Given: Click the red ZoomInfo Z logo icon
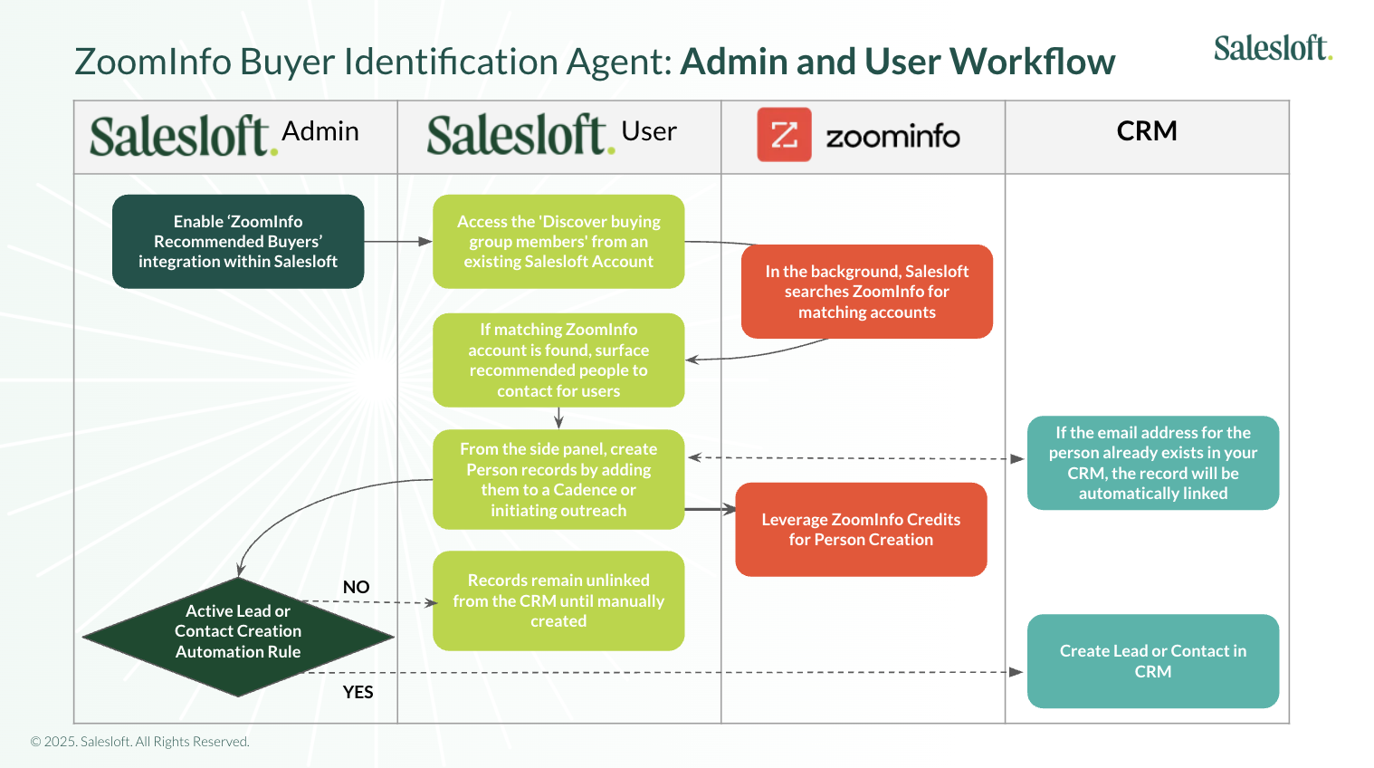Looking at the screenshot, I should pos(784,135).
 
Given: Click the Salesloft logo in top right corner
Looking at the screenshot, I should pos(1272,48).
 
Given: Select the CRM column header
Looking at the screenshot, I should pos(1146,131).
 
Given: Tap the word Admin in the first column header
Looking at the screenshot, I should pos(320,131).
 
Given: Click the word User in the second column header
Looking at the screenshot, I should pos(648,131).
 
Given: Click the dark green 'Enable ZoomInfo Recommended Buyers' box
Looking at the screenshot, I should pos(238,242).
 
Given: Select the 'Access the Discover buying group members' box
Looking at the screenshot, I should pos(558,242).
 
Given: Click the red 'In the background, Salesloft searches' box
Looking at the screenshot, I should pos(866,292).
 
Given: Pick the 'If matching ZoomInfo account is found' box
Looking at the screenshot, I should pos(558,360).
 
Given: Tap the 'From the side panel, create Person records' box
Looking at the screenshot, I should pos(558,480).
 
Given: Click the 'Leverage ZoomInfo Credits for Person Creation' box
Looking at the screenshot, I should pos(860,530).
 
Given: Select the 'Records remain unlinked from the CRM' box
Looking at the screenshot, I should pos(558,600).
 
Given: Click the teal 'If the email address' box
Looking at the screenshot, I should pos(1152,463).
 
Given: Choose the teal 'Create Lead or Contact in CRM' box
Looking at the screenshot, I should pos(1152,661).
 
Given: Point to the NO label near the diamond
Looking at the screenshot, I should pos(356,587).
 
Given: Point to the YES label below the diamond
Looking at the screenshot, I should pos(358,692).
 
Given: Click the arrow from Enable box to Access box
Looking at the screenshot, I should pos(398,242).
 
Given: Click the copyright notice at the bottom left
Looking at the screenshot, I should pos(140,742).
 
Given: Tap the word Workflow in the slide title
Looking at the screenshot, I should pos(1032,62).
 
